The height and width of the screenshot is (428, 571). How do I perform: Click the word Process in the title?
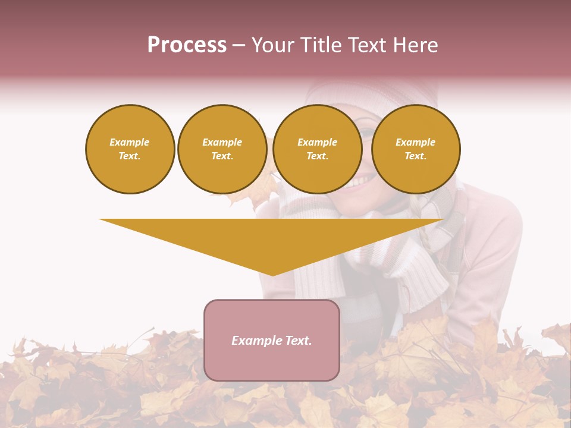point(187,45)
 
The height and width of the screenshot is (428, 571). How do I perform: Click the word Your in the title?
point(272,45)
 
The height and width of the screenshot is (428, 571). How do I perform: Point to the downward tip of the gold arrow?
point(272,273)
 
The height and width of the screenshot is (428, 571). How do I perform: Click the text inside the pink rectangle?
point(272,341)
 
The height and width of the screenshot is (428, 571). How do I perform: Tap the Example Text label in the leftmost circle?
point(130,149)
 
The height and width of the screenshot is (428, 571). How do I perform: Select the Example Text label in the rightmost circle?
point(416,149)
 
